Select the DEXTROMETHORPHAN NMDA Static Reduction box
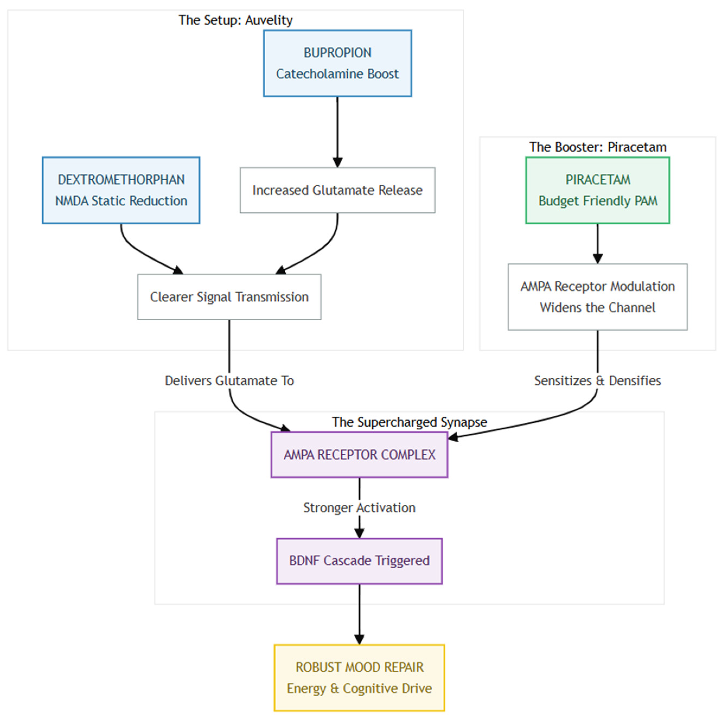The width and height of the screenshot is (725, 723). point(121,190)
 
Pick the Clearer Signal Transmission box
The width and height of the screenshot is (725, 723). point(229,297)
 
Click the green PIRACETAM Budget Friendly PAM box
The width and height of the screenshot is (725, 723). point(598,190)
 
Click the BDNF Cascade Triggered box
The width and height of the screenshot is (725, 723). point(359,561)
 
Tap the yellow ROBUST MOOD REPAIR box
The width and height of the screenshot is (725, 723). point(359,678)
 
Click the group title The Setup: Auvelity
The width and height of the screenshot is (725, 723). point(235,20)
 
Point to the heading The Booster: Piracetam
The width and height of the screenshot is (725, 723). point(598,147)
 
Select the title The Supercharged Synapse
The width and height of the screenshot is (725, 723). point(409,422)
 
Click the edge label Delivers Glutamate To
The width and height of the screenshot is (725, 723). point(229,380)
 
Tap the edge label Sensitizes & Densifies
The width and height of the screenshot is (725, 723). point(598,380)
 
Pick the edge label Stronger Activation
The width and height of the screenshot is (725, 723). point(359,508)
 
